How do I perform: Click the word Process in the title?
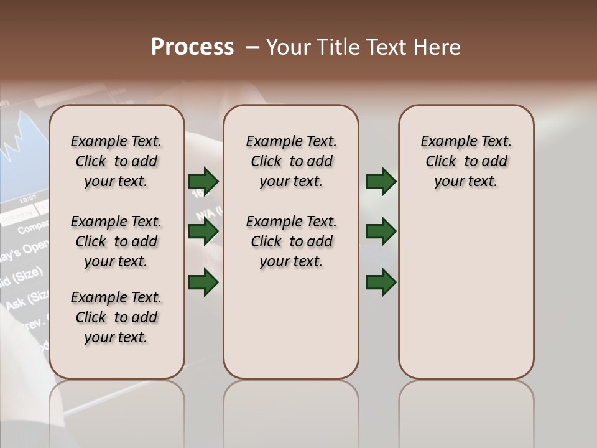point(192,47)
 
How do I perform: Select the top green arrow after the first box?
point(203,181)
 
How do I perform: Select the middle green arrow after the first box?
point(203,231)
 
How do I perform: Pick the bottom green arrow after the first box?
point(203,282)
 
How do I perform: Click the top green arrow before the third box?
point(381,181)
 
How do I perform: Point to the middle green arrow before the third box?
point(381,231)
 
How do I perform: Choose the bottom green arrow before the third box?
point(381,282)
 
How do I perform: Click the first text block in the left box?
point(116,161)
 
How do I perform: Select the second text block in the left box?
point(116,241)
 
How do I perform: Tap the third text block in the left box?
point(116,317)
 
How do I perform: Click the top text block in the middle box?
point(291,161)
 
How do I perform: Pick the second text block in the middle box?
point(291,241)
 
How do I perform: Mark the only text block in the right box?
point(466,161)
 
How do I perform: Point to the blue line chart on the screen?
point(22,143)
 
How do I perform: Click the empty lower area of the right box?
point(466,299)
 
